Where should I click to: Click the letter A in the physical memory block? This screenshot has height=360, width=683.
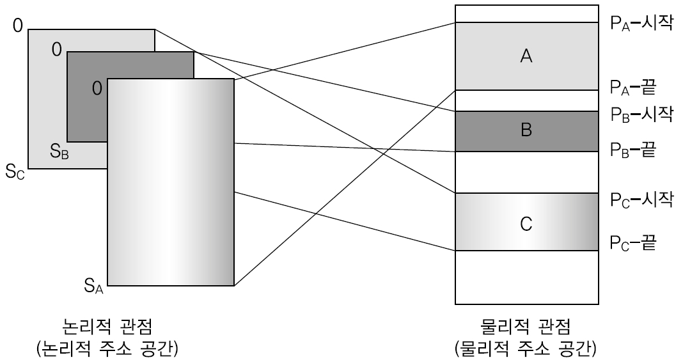tap(526, 56)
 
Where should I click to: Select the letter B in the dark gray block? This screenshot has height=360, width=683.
tap(526, 131)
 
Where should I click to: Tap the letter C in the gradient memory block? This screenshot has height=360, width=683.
tap(526, 224)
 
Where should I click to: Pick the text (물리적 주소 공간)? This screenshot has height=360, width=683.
tap(526, 349)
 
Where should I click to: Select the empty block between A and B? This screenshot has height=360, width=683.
tap(526, 100)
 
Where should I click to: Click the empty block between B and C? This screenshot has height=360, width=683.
tap(526, 172)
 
